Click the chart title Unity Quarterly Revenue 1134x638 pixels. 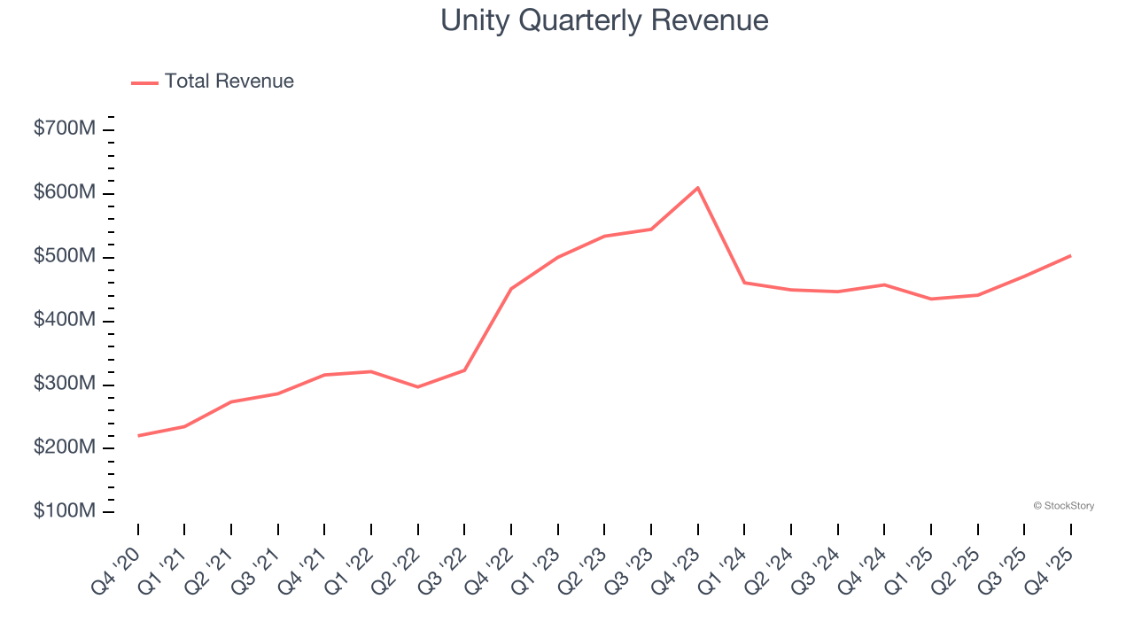coord(604,20)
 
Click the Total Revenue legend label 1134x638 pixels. coord(229,82)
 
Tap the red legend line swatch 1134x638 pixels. coord(144,82)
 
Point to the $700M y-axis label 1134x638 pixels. coord(65,129)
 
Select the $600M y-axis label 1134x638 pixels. coord(65,193)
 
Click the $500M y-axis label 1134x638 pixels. coord(65,257)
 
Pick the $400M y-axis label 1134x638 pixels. coord(65,320)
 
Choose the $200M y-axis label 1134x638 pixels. coord(65,448)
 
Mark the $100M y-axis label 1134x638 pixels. coord(65,512)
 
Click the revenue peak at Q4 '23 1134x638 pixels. coord(698,188)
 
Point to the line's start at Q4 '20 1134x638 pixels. coord(138,436)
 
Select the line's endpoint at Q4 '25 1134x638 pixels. coord(1071,255)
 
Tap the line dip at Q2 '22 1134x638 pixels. coord(418,387)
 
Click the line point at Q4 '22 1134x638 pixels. coord(511,289)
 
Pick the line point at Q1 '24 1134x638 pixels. coord(744,283)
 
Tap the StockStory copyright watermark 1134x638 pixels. coord(1063,506)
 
